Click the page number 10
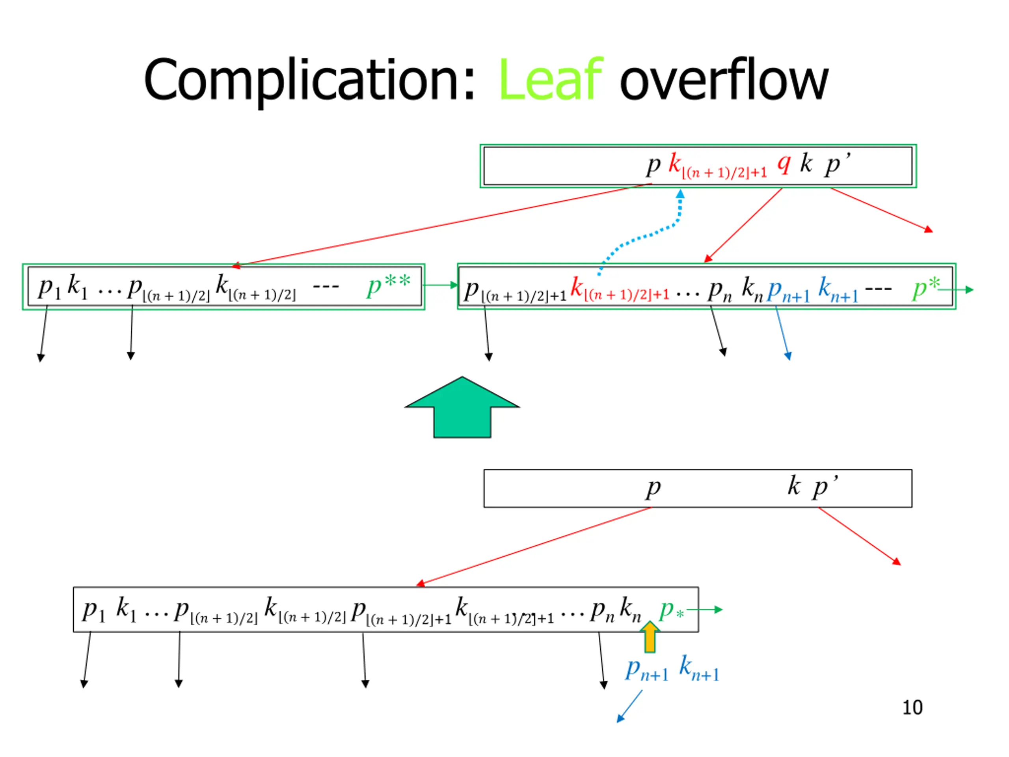(912, 708)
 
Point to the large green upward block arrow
(462, 407)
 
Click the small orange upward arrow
(650, 636)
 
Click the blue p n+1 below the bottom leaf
(647, 670)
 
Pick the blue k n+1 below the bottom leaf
(699, 668)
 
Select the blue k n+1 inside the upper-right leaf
(838, 289)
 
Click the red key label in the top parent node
(717, 166)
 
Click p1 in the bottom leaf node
(94, 610)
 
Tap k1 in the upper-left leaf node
(77, 287)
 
